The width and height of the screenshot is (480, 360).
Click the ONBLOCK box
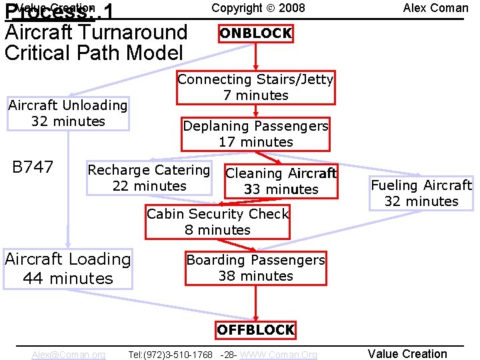[255, 33]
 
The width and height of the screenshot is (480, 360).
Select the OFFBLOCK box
[255, 329]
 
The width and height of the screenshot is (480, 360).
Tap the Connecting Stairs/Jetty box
[255, 87]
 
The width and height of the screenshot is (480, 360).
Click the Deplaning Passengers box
[255, 134]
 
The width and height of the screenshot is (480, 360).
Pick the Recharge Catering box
[149, 178]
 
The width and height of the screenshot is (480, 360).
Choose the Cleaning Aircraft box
[281, 181]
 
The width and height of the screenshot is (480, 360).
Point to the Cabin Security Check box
[218, 222]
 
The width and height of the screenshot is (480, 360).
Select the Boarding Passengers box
[255, 268]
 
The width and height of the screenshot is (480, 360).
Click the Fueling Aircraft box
[421, 193]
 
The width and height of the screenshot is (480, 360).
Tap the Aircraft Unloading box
[68, 113]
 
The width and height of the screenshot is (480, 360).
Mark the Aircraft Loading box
[68, 268]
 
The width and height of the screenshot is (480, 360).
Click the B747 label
[33, 167]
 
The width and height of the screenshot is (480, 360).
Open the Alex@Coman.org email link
[68, 355]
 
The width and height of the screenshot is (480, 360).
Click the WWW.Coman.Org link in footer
[278, 355]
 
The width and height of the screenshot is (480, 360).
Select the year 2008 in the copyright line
[292, 8]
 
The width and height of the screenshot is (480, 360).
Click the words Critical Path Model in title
[93, 53]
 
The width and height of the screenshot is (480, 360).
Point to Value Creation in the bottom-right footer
[407, 354]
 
